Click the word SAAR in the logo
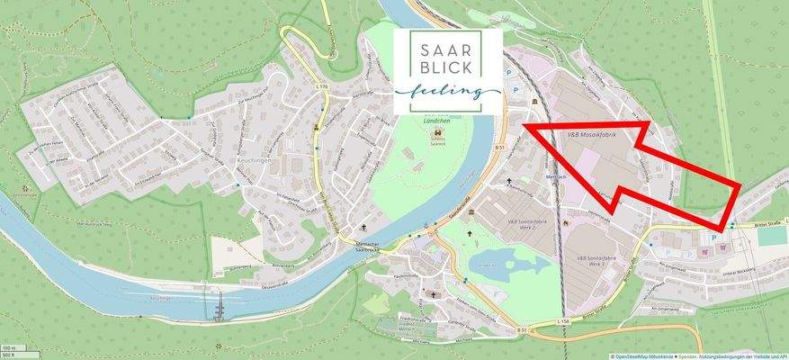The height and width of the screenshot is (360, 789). pyautogui.click(x=447, y=46)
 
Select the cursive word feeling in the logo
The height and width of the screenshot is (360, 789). pyautogui.click(x=447, y=92)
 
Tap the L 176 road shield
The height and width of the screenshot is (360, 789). pyautogui.click(x=322, y=86)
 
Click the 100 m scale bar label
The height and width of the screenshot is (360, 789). pyautogui.click(x=9, y=347)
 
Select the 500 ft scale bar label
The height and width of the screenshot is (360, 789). pyautogui.click(x=9, y=355)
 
